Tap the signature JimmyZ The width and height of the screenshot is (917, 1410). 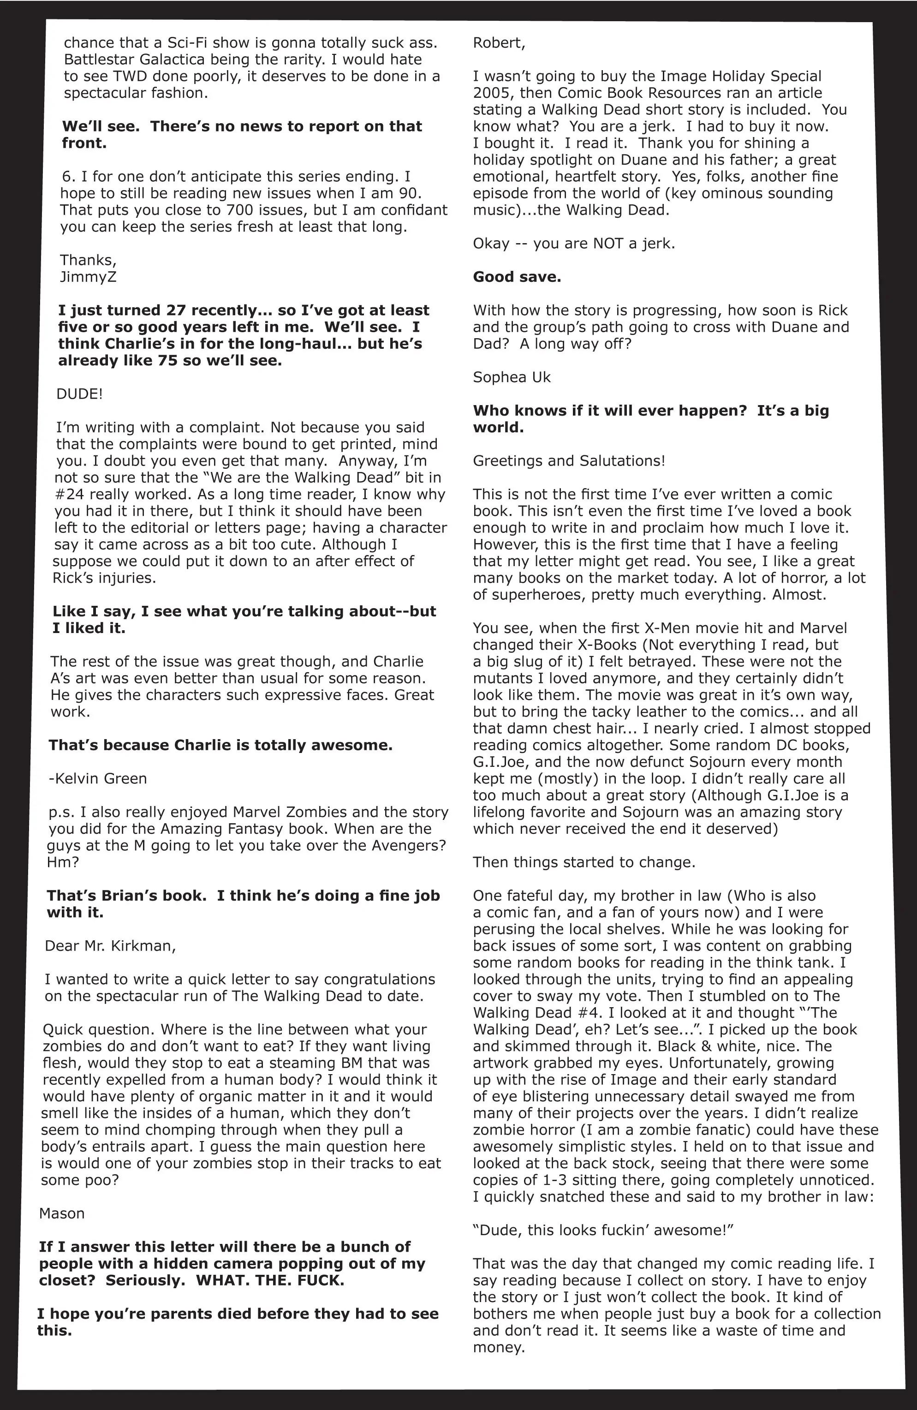coord(88,277)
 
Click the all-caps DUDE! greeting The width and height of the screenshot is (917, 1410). coord(79,394)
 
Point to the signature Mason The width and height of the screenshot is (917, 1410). coord(62,1213)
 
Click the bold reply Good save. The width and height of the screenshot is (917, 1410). coord(517,277)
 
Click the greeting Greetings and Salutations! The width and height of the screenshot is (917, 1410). coord(569,461)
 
